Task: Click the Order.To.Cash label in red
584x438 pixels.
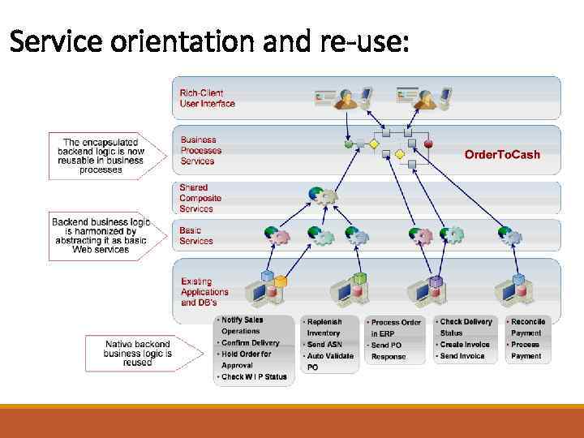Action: (x=502, y=154)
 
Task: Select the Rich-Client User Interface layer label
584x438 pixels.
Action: (x=207, y=98)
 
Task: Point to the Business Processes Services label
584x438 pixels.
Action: (x=200, y=150)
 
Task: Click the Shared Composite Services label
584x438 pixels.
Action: (x=200, y=198)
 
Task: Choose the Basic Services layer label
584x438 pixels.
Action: (x=196, y=235)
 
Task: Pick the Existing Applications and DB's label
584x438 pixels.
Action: (x=204, y=292)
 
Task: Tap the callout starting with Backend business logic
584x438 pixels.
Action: (x=101, y=235)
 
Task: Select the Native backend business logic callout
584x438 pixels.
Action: (x=138, y=353)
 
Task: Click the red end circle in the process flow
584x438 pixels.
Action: (x=428, y=144)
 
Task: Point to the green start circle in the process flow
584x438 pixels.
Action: (x=349, y=144)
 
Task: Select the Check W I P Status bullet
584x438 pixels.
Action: (x=254, y=376)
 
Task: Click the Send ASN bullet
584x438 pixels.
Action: (x=326, y=345)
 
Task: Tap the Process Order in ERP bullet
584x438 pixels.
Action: (x=396, y=328)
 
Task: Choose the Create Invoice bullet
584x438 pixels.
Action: (x=465, y=345)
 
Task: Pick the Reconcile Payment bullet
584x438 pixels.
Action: (x=528, y=327)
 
